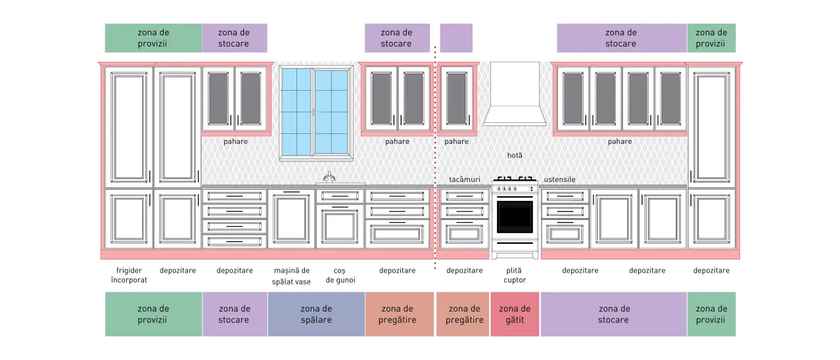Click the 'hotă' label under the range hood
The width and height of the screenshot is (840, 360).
tap(515, 155)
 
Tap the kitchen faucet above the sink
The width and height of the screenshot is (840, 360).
tap(329, 177)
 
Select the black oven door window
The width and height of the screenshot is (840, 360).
tap(515, 217)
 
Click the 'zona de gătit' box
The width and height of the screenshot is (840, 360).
tap(515, 314)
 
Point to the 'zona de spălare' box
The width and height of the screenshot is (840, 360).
tap(316, 314)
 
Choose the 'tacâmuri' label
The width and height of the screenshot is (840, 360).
tap(465, 179)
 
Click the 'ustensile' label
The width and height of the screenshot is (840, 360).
tap(559, 179)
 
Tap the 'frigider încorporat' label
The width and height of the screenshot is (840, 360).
tap(129, 275)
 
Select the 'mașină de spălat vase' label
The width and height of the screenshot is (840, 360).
tap(291, 276)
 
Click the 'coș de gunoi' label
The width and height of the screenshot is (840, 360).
tap(340, 275)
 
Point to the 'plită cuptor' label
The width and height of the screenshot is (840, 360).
tap(515, 275)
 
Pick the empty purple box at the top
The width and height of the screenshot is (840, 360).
tap(456, 38)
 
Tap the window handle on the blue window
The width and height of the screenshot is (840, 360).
tap(317, 112)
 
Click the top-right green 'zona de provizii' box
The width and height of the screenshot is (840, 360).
tap(711, 38)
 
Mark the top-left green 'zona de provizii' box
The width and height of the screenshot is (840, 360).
tap(153, 38)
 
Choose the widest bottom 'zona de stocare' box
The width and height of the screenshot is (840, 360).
tap(613, 314)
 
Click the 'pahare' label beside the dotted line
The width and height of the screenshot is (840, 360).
tap(456, 141)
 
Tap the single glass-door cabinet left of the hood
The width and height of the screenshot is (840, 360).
tap(456, 98)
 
